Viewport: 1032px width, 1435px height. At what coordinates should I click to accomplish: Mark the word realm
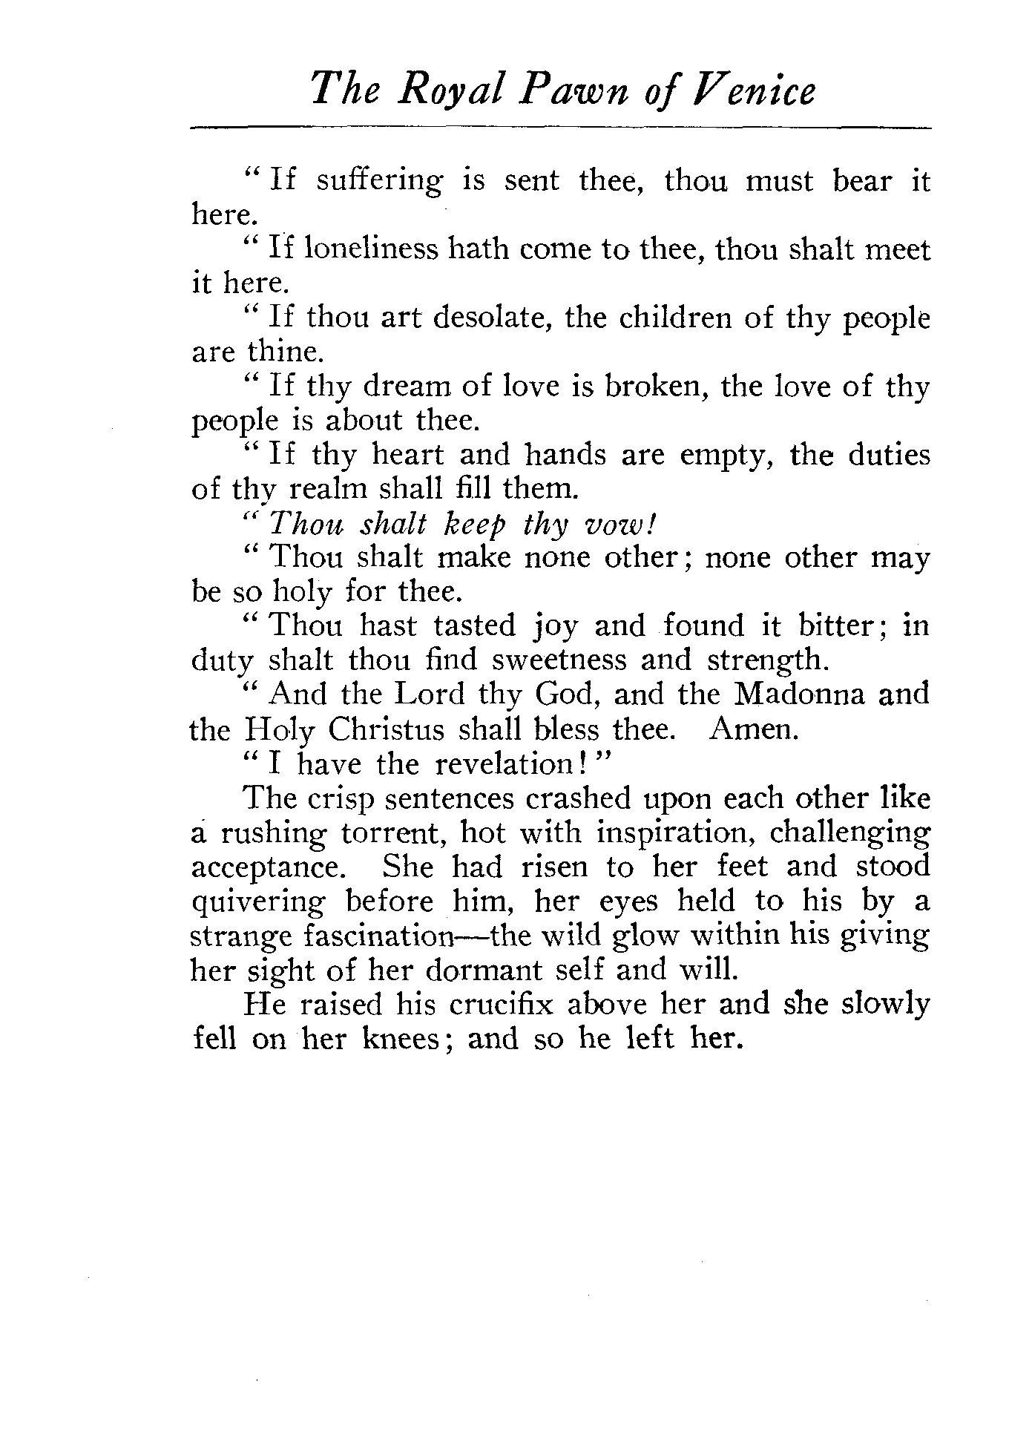pos(318,489)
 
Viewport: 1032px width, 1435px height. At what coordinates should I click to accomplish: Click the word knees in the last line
pos(407,1039)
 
